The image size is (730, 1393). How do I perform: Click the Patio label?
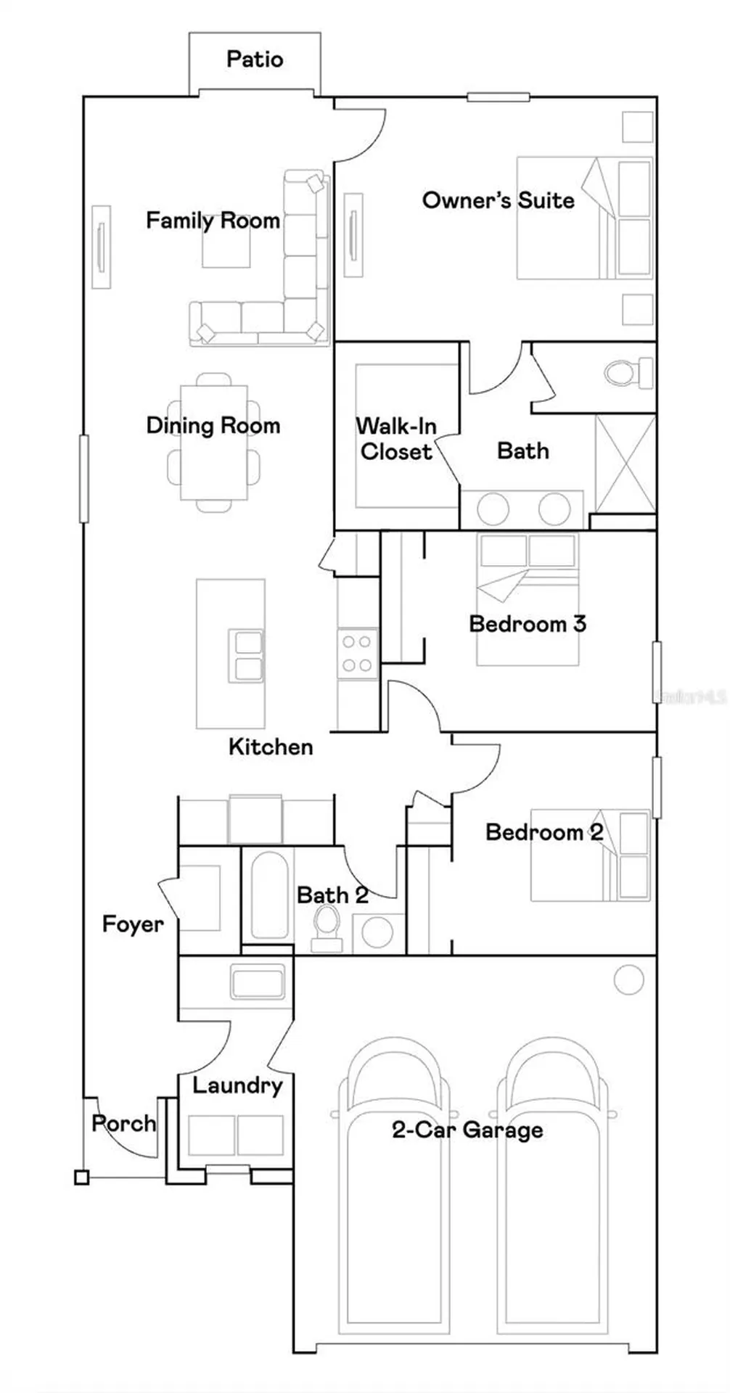pos(254,59)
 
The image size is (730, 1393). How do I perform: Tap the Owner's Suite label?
pos(498,200)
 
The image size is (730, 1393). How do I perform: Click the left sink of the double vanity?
pos(493,509)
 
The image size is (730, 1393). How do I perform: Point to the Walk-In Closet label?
pos(396,438)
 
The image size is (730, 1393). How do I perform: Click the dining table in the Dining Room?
pos(213,442)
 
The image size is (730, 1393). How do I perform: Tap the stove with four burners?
pos(357,653)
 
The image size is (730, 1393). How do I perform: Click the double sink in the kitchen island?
pos(246,656)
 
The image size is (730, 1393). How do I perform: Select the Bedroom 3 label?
pos(528,623)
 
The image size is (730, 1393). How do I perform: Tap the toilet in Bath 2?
pos(327,926)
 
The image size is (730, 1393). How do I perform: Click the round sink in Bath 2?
pos(377,932)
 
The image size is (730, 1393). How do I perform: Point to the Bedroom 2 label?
pos(544,831)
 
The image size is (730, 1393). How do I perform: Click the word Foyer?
pos(133,924)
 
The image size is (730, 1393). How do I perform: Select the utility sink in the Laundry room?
pos(258,982)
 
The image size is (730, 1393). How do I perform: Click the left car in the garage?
pos(393,1154)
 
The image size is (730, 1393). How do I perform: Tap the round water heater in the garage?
pos(628,979)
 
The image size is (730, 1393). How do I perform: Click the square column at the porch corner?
pos(82,1178)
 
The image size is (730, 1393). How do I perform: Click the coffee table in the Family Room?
pos(226,250)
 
